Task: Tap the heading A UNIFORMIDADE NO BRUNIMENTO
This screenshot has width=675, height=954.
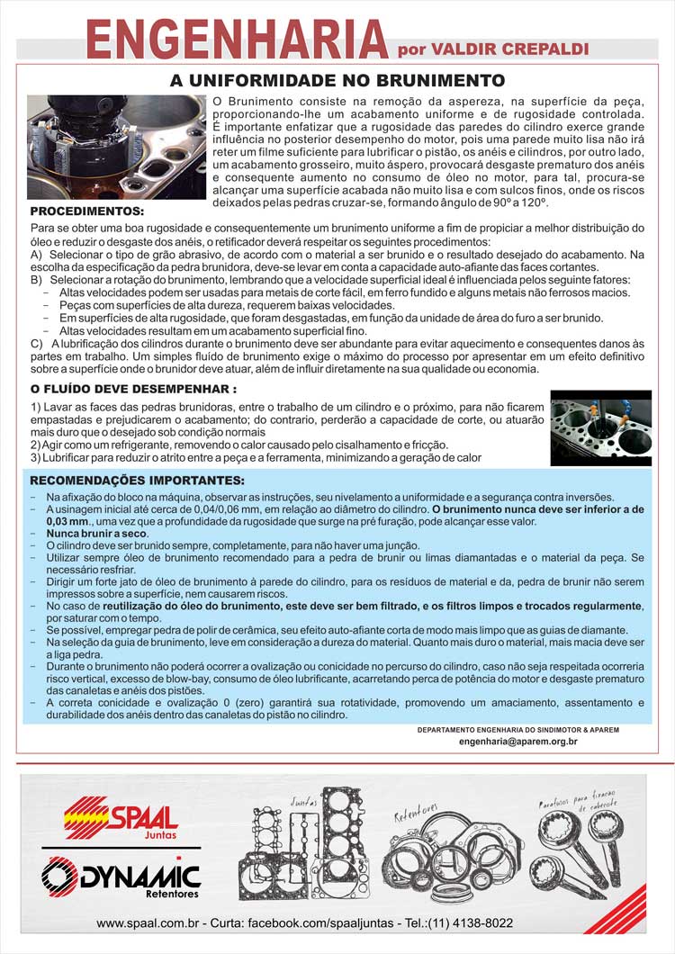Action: tap(337, 81)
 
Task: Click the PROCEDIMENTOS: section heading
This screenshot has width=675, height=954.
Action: tap(86, 211)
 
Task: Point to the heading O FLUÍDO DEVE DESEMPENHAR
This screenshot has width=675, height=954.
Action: tap(133, 389)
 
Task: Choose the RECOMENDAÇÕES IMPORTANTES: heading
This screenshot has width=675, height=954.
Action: tap(137, 480)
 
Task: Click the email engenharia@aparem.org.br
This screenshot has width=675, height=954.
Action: tap(517, 741)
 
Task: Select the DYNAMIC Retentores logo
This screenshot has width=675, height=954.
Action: tap(121, 877)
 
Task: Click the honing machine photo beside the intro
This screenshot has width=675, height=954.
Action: tap(116, 147)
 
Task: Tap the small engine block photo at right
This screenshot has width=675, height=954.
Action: tap(600, 427)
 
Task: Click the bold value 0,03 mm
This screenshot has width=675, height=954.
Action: tap(68, 521)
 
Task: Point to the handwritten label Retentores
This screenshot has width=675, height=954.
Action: tap(415, 813)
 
